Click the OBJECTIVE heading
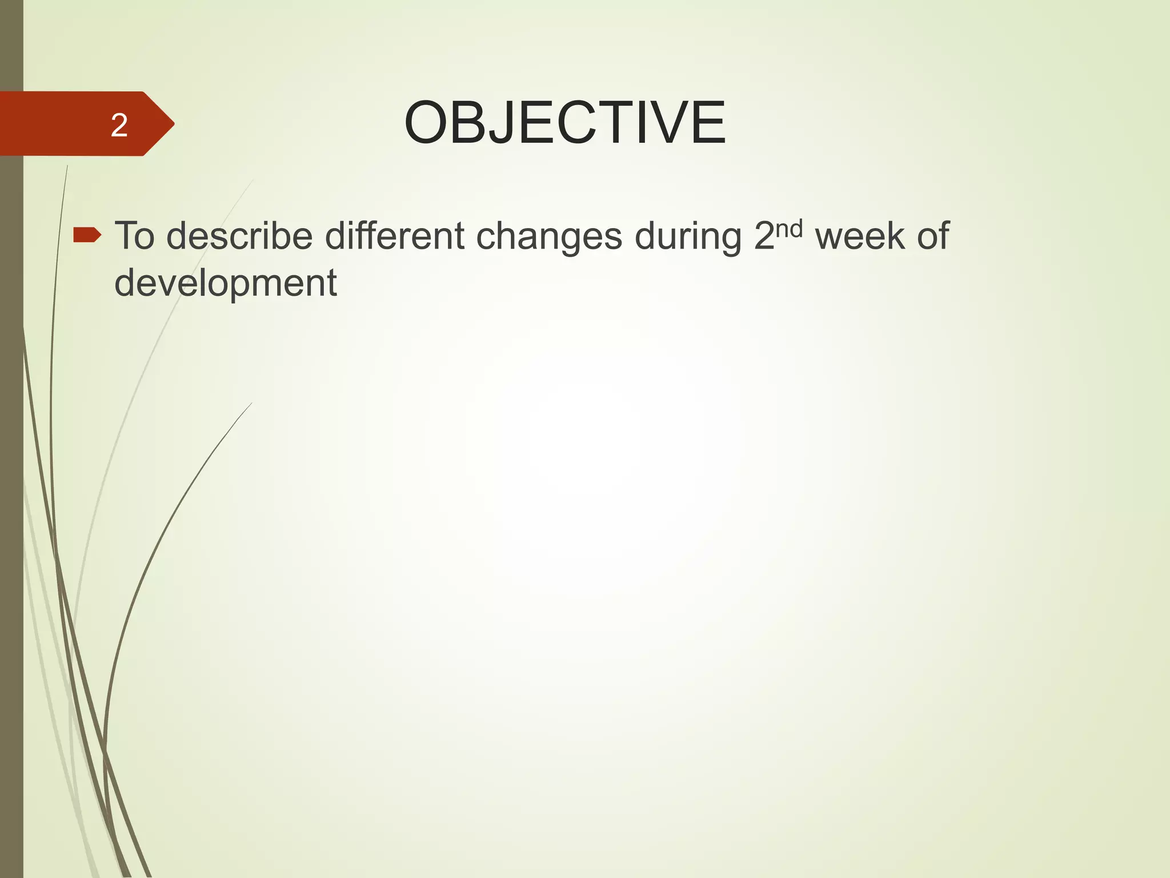[564, 123]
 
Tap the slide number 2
[119, 125]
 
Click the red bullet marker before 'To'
[87, 234]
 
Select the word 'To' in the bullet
[135, 236]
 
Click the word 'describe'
[239, 236]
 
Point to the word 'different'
[395, 236]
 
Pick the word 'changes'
[549, 237]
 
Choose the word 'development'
[226, 282]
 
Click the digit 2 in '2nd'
[764, 236]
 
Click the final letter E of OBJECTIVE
[708, 123]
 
